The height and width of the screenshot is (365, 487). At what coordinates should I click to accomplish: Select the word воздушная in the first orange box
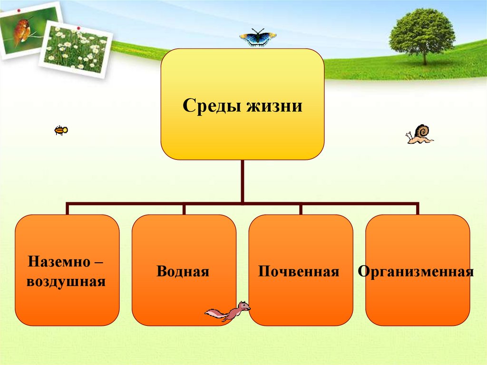coord(66,281)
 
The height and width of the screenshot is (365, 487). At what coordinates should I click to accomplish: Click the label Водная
coord(183,272)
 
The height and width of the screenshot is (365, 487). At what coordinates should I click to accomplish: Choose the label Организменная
coord(416,272)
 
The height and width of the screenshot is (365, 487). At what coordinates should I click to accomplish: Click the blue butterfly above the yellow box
coord(258,38)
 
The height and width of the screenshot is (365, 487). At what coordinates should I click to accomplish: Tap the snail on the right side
coord(419,134)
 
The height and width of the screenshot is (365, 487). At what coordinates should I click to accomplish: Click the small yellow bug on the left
coord(61,130)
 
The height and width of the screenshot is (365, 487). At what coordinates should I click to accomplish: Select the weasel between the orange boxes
coord(228,312)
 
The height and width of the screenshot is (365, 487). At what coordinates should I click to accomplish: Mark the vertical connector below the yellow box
coord(243,181)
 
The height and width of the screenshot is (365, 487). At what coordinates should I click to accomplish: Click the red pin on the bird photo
coord(19,10)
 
